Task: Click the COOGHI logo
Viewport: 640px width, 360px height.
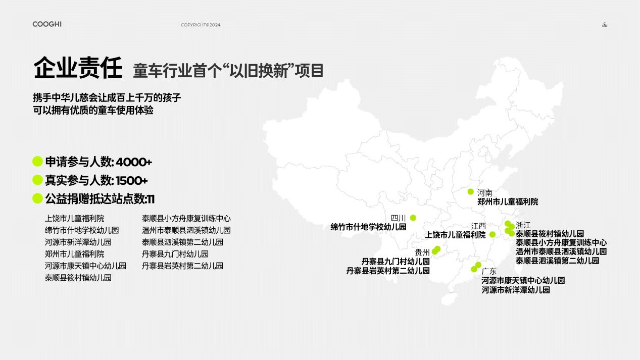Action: [x=47, y=24]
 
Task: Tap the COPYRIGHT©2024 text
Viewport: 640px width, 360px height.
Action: [x=201, y=25]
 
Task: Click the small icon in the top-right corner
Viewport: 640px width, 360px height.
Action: [x=605, y=25]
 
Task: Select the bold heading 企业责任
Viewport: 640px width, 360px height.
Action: [x=78, y=68]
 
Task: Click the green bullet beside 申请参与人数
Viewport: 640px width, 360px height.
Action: [x=37, y=161]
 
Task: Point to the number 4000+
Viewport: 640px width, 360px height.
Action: [x=134, y=162]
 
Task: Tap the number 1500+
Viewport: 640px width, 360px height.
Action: [x=132, y=181]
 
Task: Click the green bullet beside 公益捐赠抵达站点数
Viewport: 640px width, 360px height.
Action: [x=37, y=198]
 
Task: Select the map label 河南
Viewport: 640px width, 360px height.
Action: [x=484, y=193]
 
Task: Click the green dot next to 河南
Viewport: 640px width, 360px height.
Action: [x=471, y=191]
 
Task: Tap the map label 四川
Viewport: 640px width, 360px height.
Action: [x=398, y=218]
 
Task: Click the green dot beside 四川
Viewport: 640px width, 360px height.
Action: [x=413, y=218]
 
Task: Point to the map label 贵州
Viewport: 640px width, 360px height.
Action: [x=422, y=252]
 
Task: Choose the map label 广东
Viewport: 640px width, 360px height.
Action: [x=489, y=271]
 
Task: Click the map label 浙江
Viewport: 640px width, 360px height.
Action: [x=523, y=225]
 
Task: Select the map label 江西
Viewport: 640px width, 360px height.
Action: [x=478, y=226]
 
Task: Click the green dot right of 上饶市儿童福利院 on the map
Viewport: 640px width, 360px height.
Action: [x=493, y=234]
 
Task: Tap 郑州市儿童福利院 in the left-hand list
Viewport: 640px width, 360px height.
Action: [x=74, y=254]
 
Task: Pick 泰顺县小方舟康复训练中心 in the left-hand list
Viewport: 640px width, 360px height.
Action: [x=186, y=219]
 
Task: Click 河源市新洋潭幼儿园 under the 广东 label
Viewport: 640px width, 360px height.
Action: [x=516, y=290]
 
